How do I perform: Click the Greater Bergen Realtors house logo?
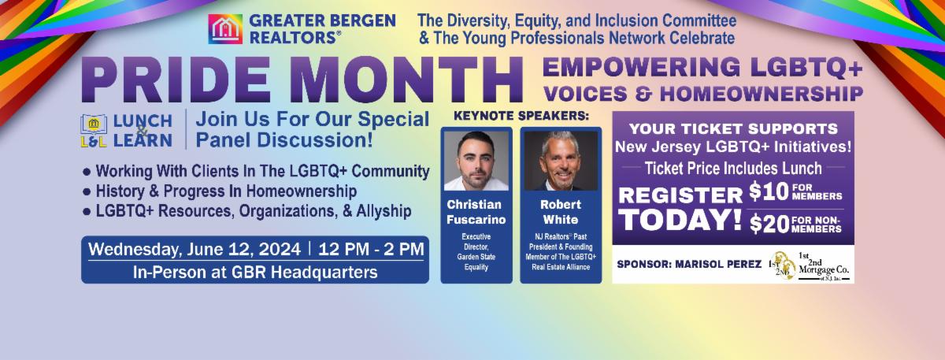[225, 28]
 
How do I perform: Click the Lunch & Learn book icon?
[94, 131]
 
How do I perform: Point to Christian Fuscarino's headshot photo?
[476, 161]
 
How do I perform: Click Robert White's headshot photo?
[561, 161]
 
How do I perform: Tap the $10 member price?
[769, 192]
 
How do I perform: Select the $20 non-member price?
[769, 224]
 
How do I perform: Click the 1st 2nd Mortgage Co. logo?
[810, 265]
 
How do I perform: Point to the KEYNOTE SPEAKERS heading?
[521, 116]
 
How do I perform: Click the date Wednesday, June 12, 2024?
[195, 250]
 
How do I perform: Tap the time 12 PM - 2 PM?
[371, 250]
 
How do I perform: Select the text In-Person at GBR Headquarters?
[255, 273]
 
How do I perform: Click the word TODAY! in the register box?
[680, 221]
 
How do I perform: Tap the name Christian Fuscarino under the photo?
[476, 212]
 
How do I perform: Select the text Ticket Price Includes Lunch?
[733, 169]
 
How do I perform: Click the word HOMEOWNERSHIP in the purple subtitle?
[762, 94]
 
